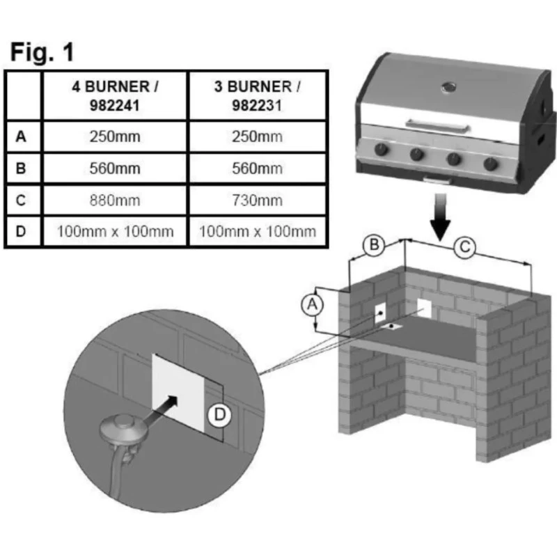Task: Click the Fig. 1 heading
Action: coord(42,52)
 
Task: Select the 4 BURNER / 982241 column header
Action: coord(115,95)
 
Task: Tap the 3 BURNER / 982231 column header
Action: coord(258,95)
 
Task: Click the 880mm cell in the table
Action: coord(115,200)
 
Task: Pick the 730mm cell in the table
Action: coord(258,200)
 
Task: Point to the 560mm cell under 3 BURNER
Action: coord(258,168)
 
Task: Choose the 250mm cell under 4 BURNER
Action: coord(115,136)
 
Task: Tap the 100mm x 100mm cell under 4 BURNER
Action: coord(115,231)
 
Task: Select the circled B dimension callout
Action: coord(375,245)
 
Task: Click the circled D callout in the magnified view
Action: coord(218,416)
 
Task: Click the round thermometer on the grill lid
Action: coord(448,88)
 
